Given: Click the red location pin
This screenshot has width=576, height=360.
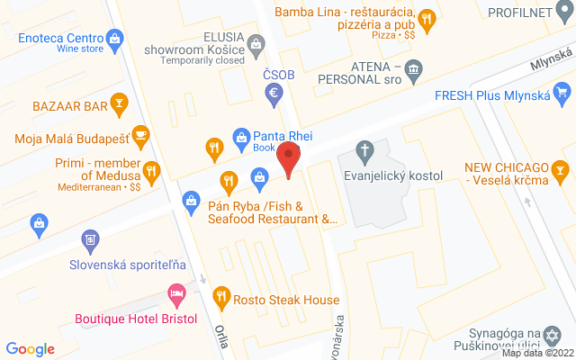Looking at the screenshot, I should click(x=288, y=158).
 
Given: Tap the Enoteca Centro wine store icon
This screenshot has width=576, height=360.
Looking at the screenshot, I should click(x=114, y=39).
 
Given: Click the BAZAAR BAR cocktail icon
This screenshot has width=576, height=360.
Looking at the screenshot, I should click(x=117, y=105).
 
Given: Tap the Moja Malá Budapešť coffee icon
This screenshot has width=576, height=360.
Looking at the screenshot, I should click(x=139, y=136).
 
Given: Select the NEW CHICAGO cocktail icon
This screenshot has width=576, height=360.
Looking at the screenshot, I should click(x=561, y=168).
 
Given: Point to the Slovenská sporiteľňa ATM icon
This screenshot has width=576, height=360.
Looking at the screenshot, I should click(x=90, y=240).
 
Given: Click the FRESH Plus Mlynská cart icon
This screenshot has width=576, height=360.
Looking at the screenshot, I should click(x=562, y=92).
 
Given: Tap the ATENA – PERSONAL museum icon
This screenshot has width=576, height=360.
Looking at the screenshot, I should click(x=413, y=68).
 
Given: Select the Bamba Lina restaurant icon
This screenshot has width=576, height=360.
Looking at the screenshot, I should click(x=427, y=17).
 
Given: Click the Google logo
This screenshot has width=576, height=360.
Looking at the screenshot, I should click(x=30, y=349).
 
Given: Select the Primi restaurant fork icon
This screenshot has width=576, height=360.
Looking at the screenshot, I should click(x=151, y=169).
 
